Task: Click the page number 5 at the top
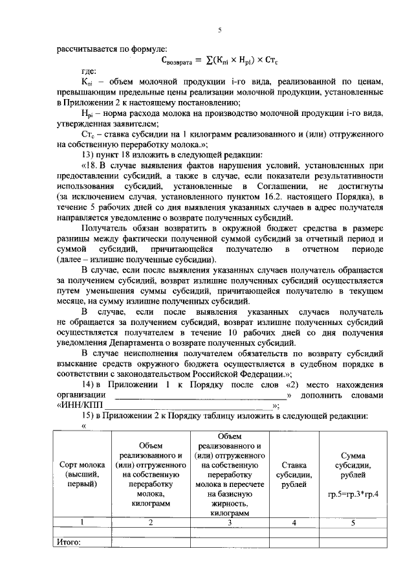[x=220, y=30]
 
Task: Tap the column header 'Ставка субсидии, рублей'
[x=294, y=474]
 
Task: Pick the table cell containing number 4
[x=294, y=522]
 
